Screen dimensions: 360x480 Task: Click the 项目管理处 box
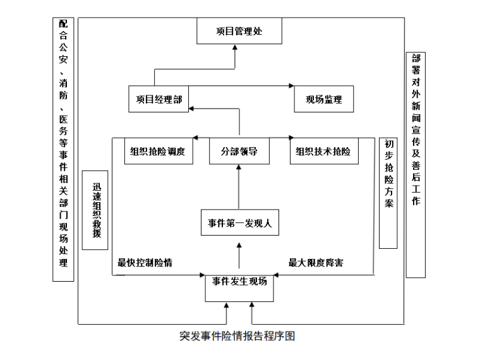[239, 31]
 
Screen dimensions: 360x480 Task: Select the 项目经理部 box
[159, 99]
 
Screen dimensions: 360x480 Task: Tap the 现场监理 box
[323, 99]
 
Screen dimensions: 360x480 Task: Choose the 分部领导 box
[239, 152]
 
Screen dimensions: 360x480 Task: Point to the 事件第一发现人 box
[239, 223]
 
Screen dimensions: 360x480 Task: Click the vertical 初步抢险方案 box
[388, 192]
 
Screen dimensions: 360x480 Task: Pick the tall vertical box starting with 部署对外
[416, 164]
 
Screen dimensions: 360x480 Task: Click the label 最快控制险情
[145, 262]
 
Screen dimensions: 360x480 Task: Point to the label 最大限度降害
[316, 262]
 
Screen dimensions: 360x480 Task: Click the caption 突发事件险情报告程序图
[237, 336]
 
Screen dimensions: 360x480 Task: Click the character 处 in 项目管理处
[258, 30]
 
